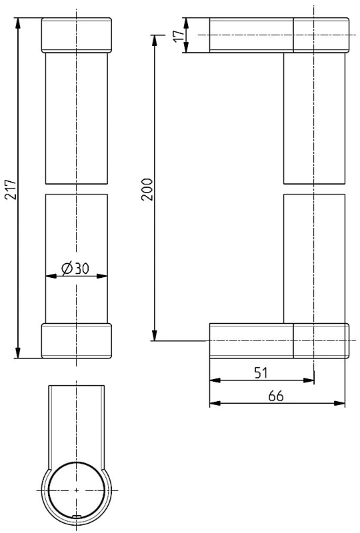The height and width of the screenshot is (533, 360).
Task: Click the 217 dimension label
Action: [x=11, y=189]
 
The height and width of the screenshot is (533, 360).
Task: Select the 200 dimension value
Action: [x=147, y=189]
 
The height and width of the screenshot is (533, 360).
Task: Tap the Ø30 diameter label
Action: [x=75, y=268]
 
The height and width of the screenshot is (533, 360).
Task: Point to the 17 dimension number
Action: [x=179, y=35]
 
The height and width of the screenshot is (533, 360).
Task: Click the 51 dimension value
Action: [x=261, y=373]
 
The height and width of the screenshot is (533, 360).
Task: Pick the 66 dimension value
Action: [x=275, y=396]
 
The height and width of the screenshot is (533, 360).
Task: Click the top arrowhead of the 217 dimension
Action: [x=19, y=23]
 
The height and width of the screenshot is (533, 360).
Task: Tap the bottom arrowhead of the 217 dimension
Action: [x=19, y=352]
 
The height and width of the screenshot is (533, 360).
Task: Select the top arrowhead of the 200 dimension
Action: [x=155, y=41]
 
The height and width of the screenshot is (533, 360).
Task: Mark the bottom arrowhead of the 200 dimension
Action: [x=155, y=335]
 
